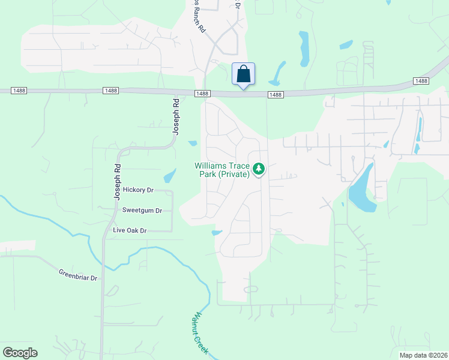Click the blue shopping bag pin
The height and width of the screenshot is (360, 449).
coord(243,74)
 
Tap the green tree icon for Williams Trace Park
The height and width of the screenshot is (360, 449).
coord(259,169)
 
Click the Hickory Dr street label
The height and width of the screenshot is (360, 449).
coord(138,190)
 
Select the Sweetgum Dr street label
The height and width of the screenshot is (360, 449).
coord(142,211)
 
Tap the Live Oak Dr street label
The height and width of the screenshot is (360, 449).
coord(130,230)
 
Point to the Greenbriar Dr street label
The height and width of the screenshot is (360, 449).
coord(78,275)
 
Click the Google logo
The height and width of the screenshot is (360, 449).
coord(20,353)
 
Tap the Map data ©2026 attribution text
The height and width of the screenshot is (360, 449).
coord(423,355)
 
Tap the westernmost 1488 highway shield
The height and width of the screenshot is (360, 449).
coord(110,91)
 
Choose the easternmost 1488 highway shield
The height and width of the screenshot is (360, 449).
coord(421,81)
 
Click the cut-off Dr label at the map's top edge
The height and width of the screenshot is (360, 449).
coord(238,4)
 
